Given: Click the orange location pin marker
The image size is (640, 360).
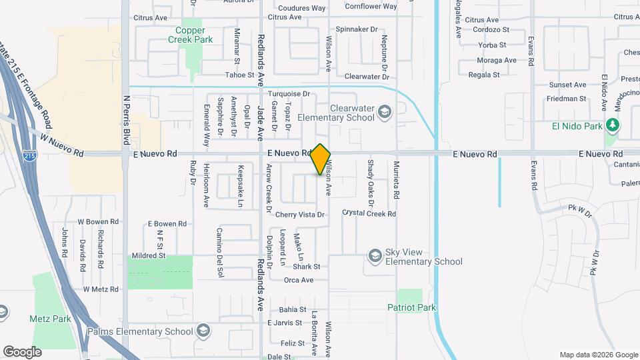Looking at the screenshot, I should [321, 159].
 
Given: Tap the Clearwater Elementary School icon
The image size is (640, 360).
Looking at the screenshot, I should [384, 112].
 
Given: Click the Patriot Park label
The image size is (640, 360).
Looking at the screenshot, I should [411, 307].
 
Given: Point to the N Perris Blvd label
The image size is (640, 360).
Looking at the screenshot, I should [125, 121].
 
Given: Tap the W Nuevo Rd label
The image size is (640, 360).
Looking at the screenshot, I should [61, 145].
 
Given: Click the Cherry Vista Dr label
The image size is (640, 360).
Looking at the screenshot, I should [299, 215].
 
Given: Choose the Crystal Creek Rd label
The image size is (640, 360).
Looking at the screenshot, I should [369, 213].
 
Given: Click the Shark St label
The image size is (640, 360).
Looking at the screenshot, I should [307, 267].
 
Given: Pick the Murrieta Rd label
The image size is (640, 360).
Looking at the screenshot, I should [396, 180].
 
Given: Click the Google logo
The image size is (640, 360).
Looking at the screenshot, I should [21, 351].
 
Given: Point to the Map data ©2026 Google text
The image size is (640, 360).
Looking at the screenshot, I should [598, 355].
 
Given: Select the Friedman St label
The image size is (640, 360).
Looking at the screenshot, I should [566, 99].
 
